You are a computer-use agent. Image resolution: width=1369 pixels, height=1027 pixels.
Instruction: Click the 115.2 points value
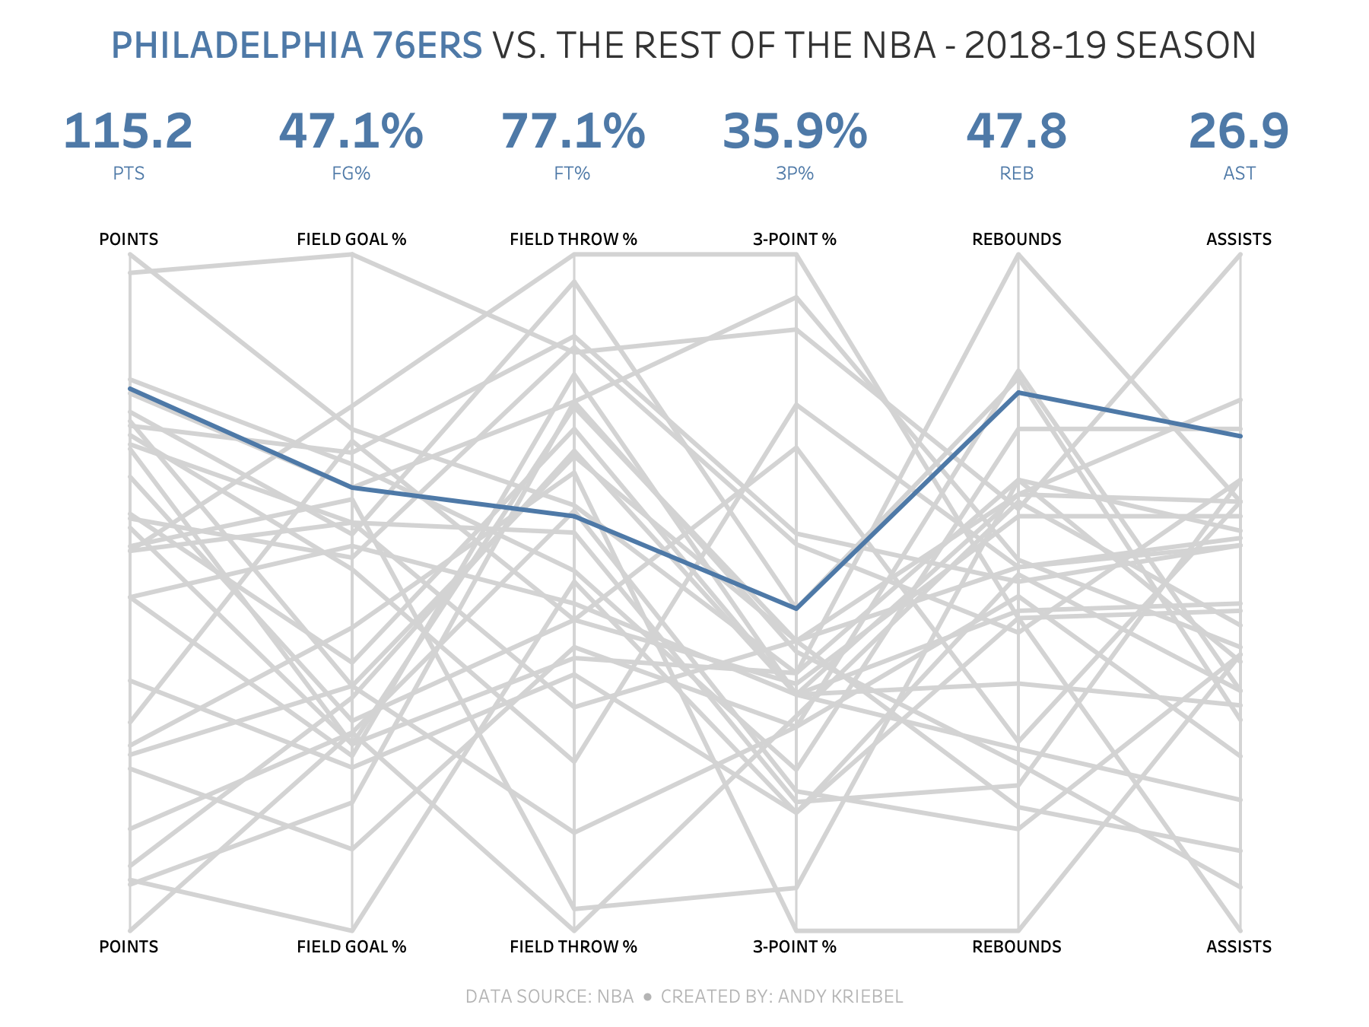(129, 132)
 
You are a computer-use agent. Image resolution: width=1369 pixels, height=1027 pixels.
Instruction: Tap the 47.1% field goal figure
(351, 132)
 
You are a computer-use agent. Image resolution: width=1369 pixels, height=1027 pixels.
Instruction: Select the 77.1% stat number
(573, 132)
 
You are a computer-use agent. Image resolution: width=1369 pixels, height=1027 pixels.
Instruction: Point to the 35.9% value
(795, 132)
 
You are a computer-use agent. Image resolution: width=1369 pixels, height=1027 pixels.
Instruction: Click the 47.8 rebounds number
(1017, 132)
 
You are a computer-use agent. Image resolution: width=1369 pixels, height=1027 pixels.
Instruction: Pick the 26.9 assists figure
(1239, 132)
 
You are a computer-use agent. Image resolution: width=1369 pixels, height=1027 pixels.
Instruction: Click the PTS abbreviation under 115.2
(129, 173)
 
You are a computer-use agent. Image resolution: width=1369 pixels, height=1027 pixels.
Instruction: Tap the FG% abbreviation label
(351, 173)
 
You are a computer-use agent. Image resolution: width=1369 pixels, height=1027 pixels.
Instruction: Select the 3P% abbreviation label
(795, 173)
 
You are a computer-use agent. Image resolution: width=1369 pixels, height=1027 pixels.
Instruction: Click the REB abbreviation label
(1017, 173)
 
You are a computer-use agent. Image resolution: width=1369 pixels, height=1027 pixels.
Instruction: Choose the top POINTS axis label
(129, 240)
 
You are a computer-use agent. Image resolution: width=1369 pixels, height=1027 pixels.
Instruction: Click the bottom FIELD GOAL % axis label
(351, 947)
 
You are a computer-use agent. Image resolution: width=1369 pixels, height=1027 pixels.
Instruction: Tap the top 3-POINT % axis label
(795, 240)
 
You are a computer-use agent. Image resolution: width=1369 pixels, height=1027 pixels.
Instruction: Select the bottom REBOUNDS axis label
(1017, 947)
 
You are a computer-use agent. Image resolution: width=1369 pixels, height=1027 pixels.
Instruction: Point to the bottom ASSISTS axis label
(1239, 947)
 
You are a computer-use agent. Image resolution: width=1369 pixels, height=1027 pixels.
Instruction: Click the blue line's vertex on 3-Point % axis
(796, 609)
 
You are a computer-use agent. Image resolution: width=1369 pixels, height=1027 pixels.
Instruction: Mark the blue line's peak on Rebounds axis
(1018, 393)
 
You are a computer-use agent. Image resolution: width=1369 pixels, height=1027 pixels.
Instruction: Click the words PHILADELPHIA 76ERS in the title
(297, 46)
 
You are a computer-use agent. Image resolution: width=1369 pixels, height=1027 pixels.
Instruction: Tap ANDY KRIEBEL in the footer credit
(840, 997)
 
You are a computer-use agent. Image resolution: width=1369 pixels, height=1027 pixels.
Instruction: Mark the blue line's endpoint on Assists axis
(1240, 436)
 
